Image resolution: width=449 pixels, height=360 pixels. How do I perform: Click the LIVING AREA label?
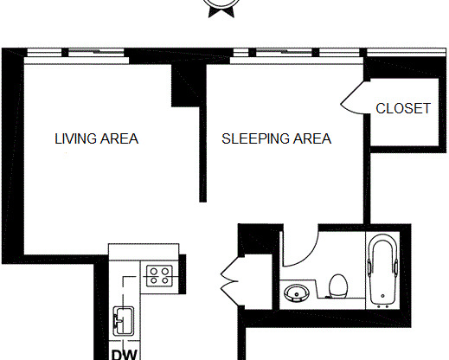coord(96,138)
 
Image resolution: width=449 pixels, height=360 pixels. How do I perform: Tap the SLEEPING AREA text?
coord(276,138)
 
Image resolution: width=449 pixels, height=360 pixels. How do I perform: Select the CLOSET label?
coord(402,108)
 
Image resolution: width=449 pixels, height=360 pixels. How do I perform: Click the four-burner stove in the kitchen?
coord(158,276)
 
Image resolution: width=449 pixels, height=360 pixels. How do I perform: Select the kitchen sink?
coord(121,320)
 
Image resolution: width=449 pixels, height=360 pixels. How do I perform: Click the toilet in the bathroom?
coord(339,286)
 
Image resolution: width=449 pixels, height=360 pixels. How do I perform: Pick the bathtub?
coord(382,270)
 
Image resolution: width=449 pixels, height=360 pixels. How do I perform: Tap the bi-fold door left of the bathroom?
coord(230,278)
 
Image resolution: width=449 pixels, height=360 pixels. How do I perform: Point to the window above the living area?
coord(95,53)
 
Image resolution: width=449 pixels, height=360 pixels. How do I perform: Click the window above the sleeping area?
coord(285,53)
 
